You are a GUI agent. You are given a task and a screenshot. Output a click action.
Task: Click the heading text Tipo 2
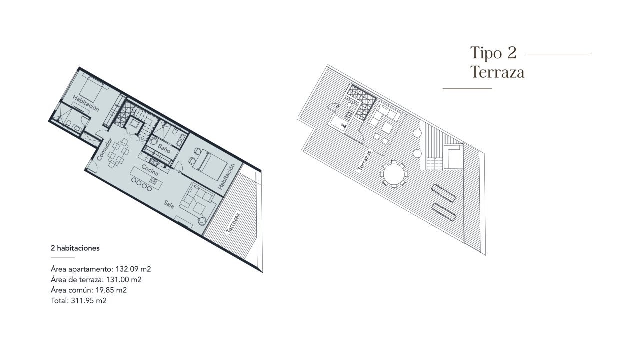click(493, 53)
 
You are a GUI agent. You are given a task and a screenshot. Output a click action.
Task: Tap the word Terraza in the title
click(497, 72)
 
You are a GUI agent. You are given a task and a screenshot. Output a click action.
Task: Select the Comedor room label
click(104, 149)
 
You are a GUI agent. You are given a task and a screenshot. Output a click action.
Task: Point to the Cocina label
click(150, 170)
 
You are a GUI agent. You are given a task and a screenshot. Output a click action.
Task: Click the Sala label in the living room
click(169, 204)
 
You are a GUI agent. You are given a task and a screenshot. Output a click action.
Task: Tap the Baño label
click(164, 148)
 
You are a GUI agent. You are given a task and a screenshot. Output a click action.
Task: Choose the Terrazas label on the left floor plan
click(233, 223)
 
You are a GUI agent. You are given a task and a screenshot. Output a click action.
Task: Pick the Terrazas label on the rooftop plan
click(365, 160)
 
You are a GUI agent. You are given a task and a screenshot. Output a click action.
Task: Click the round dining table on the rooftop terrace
click(394, 174)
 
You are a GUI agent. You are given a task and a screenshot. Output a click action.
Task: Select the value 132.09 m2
click(133, 269)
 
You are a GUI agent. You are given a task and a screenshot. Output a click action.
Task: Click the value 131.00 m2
click(124, 280)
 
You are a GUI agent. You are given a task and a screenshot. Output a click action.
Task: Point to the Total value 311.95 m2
click(89, 301)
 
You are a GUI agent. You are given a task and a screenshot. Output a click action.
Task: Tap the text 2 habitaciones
click(75, 248)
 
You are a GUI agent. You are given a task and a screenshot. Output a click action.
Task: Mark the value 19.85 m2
click(111, 290)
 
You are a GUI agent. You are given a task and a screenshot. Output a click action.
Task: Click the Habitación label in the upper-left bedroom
click(86, 103)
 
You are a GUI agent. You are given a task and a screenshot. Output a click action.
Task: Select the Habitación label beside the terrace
click(226, 176)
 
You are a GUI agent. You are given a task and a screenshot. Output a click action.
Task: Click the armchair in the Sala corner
click(202, 220)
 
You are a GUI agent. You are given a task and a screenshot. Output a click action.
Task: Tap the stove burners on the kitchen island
click(153, 181)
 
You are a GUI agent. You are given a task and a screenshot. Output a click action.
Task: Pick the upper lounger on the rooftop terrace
click(443, 193)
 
